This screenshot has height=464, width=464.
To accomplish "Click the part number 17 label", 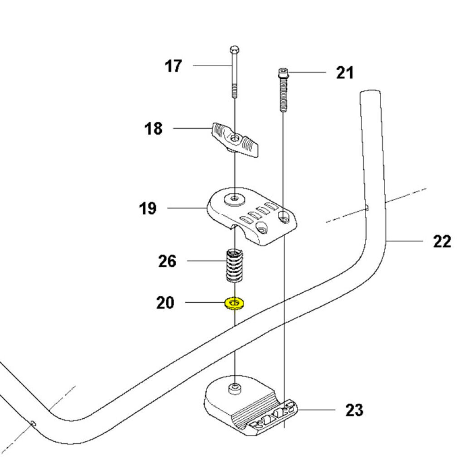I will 173,66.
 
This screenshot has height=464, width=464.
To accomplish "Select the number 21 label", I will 344,72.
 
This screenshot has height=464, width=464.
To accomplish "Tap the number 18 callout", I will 154,129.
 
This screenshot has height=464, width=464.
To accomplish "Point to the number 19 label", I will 148,208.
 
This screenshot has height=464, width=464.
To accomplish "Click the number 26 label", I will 167,261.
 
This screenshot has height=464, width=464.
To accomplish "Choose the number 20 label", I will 165,302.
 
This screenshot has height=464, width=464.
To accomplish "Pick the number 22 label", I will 442,242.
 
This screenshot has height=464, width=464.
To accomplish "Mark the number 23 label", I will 354,411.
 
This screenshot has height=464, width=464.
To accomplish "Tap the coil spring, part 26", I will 234,265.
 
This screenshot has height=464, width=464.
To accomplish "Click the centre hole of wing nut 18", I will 234,137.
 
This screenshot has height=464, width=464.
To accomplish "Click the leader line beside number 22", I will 406,242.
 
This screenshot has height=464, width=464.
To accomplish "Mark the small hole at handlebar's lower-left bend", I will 34,423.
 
